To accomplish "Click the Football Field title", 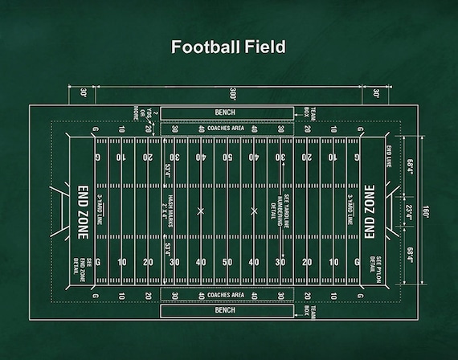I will click(228, 47).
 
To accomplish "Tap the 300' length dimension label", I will click(231, 93).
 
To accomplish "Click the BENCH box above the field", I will click(226, 112).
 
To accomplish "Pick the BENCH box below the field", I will click(226, 309).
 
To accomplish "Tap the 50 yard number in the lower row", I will click(227, 262).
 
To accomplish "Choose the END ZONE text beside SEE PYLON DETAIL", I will click(369, 211).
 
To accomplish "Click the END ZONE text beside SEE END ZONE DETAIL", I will click(83, 211).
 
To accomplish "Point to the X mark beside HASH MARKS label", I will click(201, 211).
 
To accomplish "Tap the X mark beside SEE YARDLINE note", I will click(255, 211).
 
